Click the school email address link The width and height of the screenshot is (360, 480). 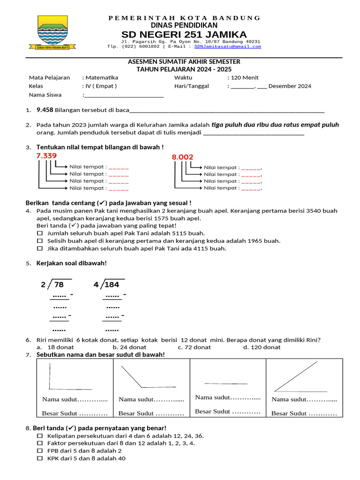pyautogui.click(x=228, y=46)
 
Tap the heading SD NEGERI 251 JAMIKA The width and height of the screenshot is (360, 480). pyautogui.click(x=184, y=35)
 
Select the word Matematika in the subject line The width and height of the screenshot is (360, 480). pyautogui.click(x=101, y=77)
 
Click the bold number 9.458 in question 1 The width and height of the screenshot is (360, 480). pyautogui.click(x=45, y=110)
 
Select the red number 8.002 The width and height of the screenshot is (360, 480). pyautogui.click(x=182, y=157)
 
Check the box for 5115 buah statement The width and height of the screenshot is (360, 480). pyautogui.click(x=40, y=233)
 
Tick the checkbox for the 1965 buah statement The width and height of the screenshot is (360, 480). pyautogui.click(x=40, y=240)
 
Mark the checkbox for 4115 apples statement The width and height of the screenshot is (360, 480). pyautogui.click(x=40, y=248)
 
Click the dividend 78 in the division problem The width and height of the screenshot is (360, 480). pyautogui.click(x=59, y=285)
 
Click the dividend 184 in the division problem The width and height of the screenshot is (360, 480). pyautogui.click(x=112, y=285)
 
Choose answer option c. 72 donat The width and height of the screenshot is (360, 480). pyautogui.click(x=194, y=347)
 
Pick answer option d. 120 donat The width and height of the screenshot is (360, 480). pyautogui.click(x=262, y=347)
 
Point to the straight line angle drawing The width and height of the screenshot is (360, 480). pyautogui.click(x=226, y=383)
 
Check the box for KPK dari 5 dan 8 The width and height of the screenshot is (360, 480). pyautogui.click(x=40, y=458)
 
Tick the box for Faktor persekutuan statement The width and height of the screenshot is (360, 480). pyautogui.click(x=40, y=443)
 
